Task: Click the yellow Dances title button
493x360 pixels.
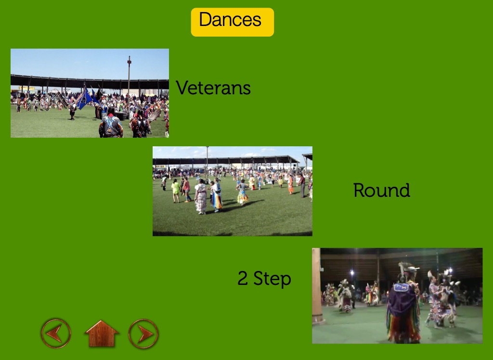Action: tap(233, 22)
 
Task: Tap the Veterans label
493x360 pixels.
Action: tap(213, 88)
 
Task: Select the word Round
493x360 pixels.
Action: tap(382, 190)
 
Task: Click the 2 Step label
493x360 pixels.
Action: tap(264, 279)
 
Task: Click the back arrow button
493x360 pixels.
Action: tap(56, 334)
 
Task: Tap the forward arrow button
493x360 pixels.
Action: tap(143, 334)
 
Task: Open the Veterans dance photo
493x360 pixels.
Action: tap(90, 93)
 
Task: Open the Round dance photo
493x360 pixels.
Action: tap(233, 191)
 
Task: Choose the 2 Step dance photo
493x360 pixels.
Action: tap(397, 296)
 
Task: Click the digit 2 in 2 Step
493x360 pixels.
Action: tap(243, 278)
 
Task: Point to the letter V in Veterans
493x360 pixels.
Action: tap(182, 88)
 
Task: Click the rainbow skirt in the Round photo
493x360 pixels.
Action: tap(217, 202)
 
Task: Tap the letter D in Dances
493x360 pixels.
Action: tap(207, 20)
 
